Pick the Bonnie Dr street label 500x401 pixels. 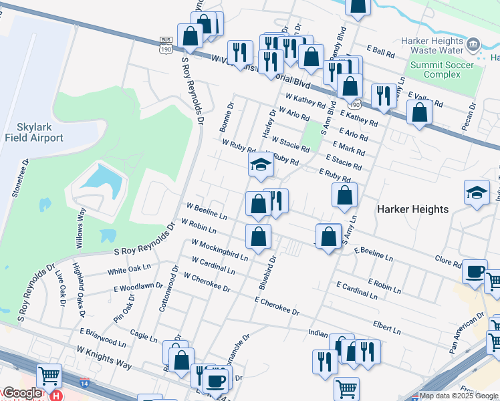[x=227, y=116]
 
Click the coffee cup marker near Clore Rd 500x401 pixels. [x=475, y=271]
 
